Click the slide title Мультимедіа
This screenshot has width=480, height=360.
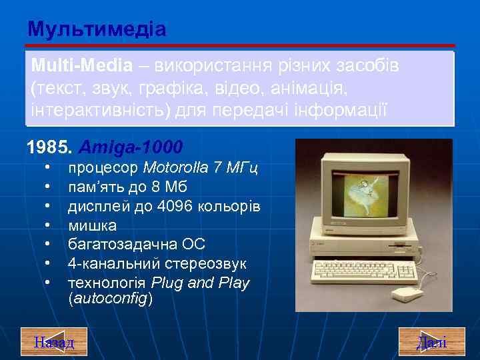97,29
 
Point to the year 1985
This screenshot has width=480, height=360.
47,145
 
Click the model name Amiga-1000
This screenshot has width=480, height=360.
131,145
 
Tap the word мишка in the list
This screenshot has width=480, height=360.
93,225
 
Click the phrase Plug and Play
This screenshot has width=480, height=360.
201,283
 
